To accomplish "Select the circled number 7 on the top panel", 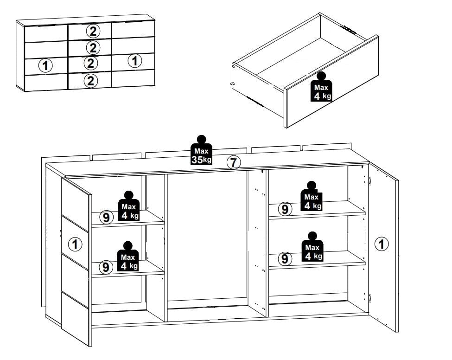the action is point(234,162).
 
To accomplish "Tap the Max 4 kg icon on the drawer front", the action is point(321,87).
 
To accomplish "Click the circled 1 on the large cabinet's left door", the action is point(75,244).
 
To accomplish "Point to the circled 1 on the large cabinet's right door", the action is point(382,244).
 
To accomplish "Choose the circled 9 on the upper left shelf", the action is point(106,217).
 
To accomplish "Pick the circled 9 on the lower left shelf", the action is point(106,267).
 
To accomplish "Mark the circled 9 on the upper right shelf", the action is point(285,209).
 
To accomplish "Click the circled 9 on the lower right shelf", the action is point(285,259).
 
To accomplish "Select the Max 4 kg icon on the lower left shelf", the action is point(127,257).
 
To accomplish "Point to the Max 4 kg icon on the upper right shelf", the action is point(312,196).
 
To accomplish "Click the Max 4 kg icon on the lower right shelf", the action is point(312,247).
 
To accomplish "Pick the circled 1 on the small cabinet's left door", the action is point(45,66).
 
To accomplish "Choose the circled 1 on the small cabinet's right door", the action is point(134,61).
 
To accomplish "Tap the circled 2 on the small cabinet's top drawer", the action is point(93,31).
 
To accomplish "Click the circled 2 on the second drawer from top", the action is point(93,48).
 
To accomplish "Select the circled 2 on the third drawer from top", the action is point(90,63).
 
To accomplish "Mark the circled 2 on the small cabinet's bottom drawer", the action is point(90,81).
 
